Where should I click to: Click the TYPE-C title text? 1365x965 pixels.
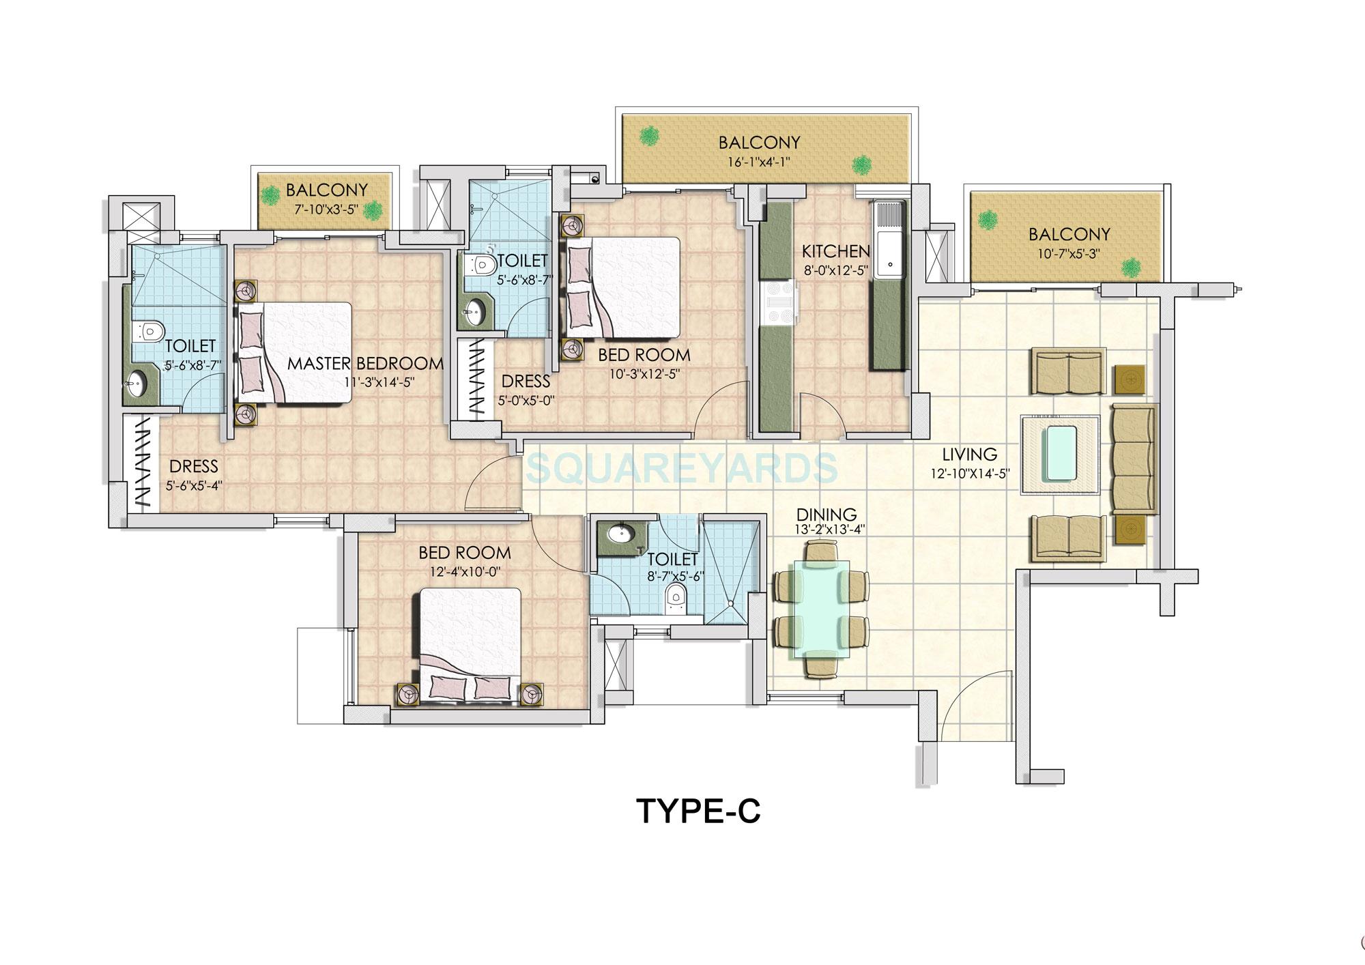point(698,811)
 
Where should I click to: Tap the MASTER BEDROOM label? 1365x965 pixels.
point(365,364)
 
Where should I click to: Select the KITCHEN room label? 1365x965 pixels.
point(835,252)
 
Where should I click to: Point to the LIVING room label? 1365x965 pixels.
point(970,454)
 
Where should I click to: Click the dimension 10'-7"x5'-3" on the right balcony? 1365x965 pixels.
point(1069,253)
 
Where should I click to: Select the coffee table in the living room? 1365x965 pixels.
point(1060,454)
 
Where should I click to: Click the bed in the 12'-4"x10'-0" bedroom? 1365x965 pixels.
point(470,644)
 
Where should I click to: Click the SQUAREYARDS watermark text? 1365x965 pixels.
point(682,468)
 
